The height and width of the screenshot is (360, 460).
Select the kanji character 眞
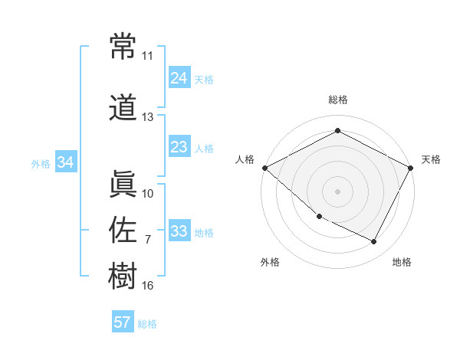point(123,182)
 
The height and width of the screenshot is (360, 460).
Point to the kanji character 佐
point(123,229)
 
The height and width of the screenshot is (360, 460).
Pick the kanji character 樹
point(123,275)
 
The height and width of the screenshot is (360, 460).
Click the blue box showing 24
point(179,77)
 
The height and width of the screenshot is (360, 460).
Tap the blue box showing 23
point(179,147)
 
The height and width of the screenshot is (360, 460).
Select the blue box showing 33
point(179,231)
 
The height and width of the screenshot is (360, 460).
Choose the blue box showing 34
point(65,162)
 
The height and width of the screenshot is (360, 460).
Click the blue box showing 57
point(123,322)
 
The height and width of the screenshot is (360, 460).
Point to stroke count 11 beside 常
point(147,56)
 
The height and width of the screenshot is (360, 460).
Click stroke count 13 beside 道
point(147,117)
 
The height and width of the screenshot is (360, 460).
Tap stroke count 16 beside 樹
point(147,286)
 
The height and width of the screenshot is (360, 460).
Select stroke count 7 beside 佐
point(147,240)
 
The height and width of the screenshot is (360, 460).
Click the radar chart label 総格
point(337,100)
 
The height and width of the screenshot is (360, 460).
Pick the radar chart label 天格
point(431,159)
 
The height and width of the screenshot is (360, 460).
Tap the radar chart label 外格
point(270,262)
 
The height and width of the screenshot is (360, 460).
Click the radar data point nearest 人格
point(264,168)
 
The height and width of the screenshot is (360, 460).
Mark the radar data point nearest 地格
point(374,242)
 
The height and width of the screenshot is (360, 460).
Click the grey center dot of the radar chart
point(337,191)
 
